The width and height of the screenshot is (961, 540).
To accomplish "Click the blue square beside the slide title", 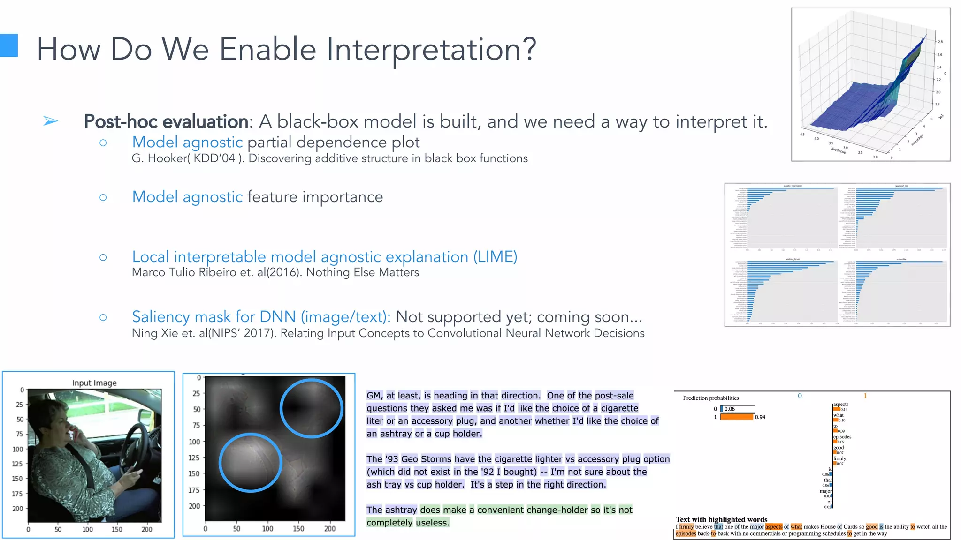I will (8, 45).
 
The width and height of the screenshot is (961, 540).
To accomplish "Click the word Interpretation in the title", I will (431, 50).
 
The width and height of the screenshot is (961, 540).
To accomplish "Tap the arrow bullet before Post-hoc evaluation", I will (50, 121).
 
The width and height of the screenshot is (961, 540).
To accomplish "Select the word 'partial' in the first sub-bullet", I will (269, 142).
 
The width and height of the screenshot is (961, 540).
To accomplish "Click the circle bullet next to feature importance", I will (103, 197).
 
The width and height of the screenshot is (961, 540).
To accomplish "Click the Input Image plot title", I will (94, 383).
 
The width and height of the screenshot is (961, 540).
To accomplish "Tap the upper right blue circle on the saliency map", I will (312, 408).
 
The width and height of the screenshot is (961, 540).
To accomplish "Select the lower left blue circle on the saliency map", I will (251, 462).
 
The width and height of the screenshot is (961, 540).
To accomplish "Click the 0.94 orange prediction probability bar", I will (737, 417).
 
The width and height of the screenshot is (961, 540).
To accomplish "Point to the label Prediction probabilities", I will (711, 398).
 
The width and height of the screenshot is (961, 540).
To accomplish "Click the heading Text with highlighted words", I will (721, 519).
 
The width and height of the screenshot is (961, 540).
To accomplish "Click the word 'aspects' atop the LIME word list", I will (840, 404).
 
